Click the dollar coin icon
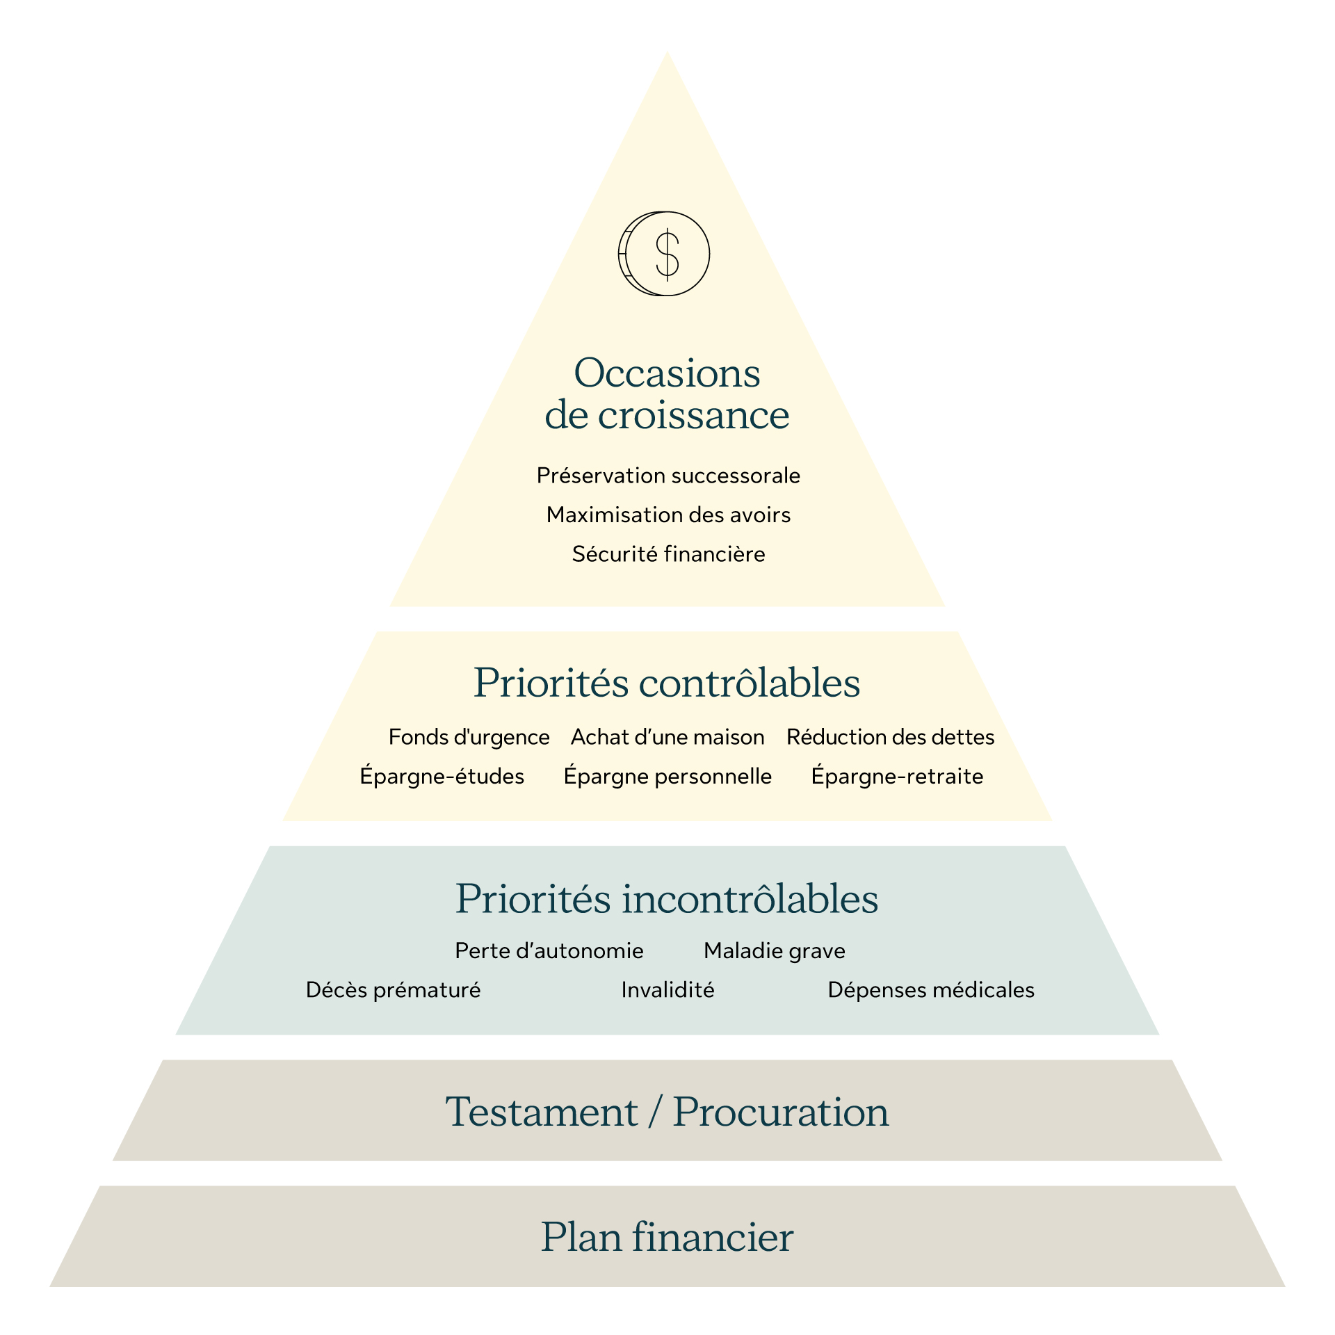coord(664,254)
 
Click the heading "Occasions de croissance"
coord(667,394)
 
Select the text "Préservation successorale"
coord(668,476)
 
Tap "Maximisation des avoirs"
coord(668,515)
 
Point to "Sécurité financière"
coord(668,554)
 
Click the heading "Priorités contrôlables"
coord(667,683)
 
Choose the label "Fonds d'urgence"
coord(469,737)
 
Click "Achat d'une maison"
coord(667,737)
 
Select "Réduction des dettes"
coord(890,737)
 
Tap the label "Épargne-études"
coord(442,776)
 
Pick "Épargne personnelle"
coord(667,776)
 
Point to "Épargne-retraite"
coord(897,776)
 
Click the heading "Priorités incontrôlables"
coord(667,899)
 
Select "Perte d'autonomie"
coord(549,950)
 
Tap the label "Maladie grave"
coord(775,950)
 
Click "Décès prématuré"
coord(393,989)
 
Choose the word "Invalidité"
coord(667,989)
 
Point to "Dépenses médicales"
coord(931,989)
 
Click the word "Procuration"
coord(781,1112)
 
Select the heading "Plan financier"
coord(667,1237)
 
